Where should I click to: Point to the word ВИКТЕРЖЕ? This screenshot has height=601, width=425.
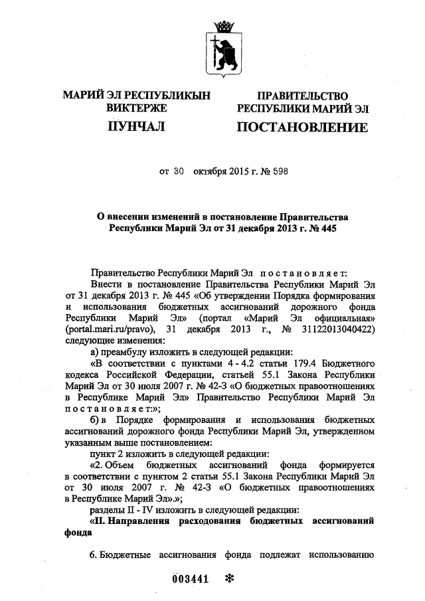pos(136,108)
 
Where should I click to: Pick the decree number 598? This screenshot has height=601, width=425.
pos(278,173)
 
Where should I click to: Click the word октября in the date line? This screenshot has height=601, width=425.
pos(211,173)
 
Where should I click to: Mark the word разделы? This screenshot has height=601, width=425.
pos(106,509)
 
